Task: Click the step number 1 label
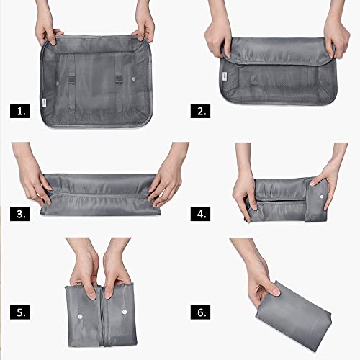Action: click(19, 112)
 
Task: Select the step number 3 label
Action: click(19, 213)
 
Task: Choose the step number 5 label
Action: click(19, 312)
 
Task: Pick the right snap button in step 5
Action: click(125, 311)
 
